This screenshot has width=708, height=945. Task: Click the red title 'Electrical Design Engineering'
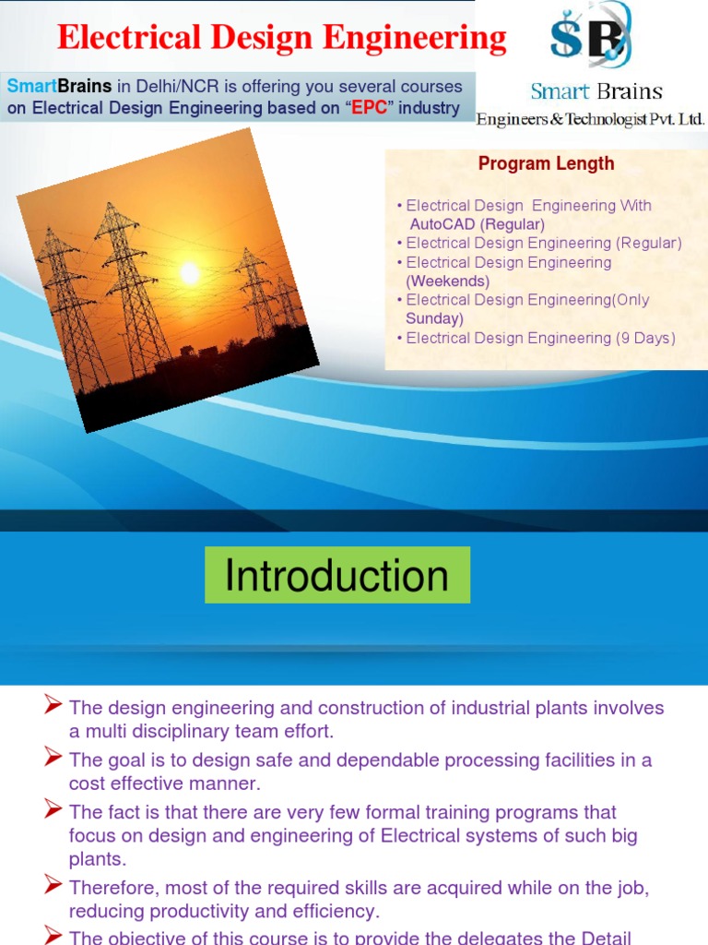(281, 39)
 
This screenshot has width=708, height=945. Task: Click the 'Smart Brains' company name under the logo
(596, 91)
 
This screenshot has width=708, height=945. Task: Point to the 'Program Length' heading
(546, 164)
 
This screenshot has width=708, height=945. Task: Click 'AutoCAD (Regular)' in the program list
(477, 224)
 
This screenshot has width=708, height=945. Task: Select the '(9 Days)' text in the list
(645, 338)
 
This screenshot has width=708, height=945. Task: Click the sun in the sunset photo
(190, 272)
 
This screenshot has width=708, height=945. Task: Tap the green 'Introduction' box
(336, 575)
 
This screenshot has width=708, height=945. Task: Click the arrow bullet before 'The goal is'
(53, 760)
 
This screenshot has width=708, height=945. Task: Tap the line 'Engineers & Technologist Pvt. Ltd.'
(590, 119)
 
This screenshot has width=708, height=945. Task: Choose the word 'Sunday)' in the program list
(434, 318)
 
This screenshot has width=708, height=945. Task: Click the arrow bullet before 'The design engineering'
(53, 707)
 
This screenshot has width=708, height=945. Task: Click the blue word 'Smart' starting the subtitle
(31, 86)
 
